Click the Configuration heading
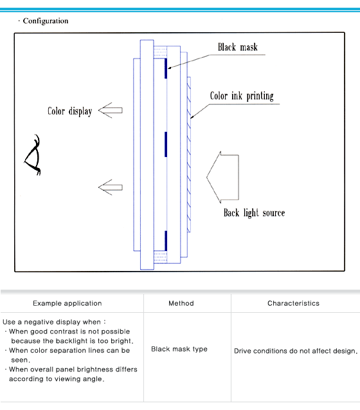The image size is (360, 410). (46, 21)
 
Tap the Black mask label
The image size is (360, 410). (238, 47)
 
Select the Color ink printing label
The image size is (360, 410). (242, 96)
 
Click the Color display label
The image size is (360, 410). (70, 111)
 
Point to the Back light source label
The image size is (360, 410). (254, 213)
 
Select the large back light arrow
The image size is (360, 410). (222, 178)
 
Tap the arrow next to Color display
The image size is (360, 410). (110, 110)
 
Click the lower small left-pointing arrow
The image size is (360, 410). (110, 187)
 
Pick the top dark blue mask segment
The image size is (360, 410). (166, 68)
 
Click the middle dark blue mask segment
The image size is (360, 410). (166, 144)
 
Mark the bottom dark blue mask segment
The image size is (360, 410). (166, 241)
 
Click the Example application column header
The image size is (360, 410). (67, 303)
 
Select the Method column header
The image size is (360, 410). (181, 303)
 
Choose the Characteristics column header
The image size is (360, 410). (293, 303)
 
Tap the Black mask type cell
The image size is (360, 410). (179, 349)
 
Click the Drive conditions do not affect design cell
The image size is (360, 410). (296, 351)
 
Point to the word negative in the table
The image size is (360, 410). (39, 322)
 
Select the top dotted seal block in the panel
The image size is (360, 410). (160, 52)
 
